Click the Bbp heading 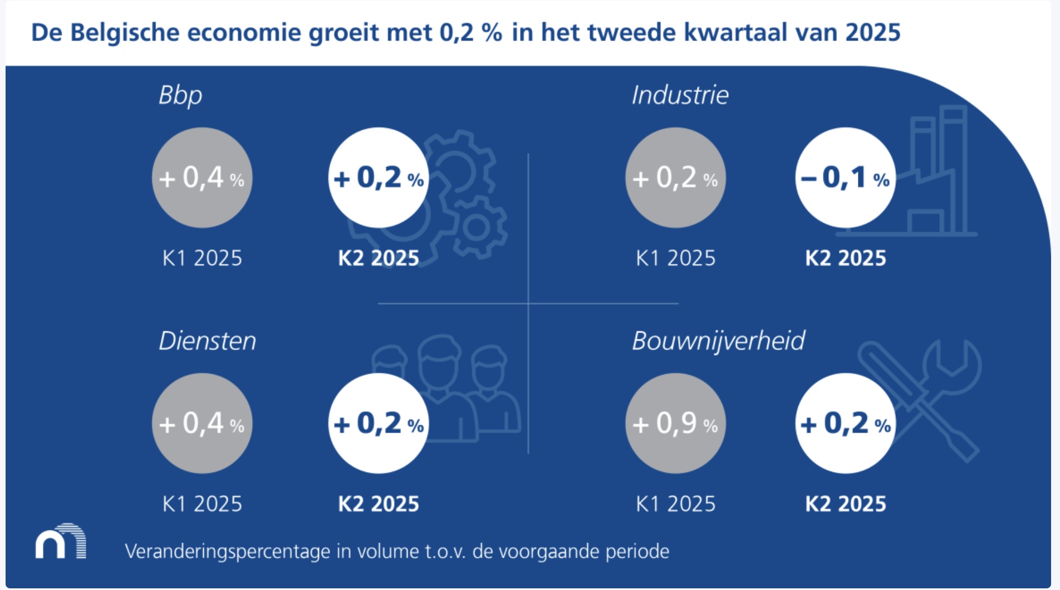tap(180, 96)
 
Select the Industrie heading tap(680, 95)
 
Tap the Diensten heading tap(207, 341)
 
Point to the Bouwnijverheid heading tap(718, 341)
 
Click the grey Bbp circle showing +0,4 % tap(202, 178)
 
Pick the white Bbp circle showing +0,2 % tap(379, 178)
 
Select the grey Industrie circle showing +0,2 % tap(675, 178)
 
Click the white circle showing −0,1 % tap(845, 178)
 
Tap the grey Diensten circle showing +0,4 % tap(202, 424)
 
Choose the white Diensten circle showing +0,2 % tap(379, 424)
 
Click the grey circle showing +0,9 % tap(675, 424)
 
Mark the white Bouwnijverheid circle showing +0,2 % tap(845, 424)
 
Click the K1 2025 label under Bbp tap(202, 258)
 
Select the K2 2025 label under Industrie tap(846, 258)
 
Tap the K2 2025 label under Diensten tap(379, 504)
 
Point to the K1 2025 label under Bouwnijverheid tap(675, 504)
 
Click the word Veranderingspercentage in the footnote tap(227, 552)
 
